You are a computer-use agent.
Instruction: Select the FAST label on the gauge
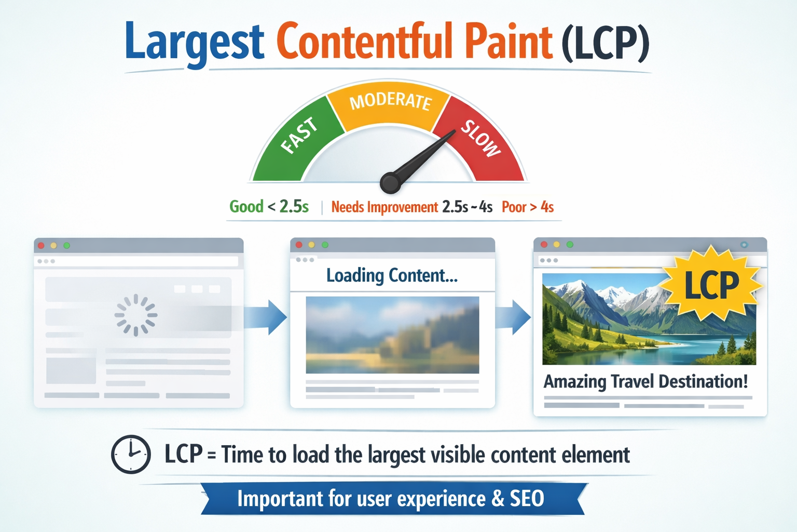[299, 136]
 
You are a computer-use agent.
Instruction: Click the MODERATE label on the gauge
[391, 101]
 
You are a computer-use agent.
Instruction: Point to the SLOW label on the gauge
[481, 138]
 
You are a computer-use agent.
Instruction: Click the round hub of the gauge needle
[391, 183]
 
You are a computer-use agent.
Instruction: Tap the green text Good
[246, 207]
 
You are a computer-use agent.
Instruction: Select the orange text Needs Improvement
[384, 207]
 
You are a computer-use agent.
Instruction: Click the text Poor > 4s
[528, 207]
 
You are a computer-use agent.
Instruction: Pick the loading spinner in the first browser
[136, 315]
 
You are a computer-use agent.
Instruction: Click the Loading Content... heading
[392, 275]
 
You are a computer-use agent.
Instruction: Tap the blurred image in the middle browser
[392, 335]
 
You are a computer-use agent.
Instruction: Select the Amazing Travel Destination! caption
[645, 381]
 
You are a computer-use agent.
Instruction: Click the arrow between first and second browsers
[266, 317]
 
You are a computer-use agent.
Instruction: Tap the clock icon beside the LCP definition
[131, 454]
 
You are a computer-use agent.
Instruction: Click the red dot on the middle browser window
[299, 245]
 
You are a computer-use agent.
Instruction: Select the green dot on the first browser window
[66, 246]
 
